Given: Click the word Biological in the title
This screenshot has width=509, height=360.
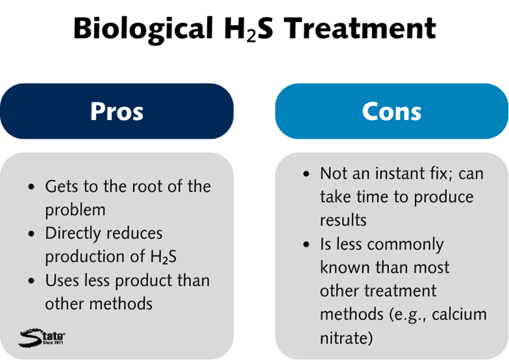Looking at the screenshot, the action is point(143,29).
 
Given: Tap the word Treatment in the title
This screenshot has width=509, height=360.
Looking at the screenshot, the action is point(360,28).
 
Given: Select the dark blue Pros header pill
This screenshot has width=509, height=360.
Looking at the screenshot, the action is point(117,112).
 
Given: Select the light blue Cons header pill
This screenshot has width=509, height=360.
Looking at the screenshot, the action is point(392,112).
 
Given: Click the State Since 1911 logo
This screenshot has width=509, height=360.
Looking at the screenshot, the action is point(42,338).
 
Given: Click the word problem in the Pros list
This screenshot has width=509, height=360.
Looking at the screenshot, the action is point(75,210).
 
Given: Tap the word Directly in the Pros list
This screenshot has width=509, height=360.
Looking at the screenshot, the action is point(73,234).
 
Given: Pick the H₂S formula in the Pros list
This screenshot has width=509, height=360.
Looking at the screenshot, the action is point(164,257).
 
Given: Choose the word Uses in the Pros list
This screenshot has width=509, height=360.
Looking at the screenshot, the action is point(62,280).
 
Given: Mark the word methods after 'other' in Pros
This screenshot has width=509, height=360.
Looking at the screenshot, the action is point(121,304).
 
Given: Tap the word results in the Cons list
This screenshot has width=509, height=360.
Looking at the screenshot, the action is point(343,220).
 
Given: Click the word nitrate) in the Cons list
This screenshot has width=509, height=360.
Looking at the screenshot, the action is point(346,338).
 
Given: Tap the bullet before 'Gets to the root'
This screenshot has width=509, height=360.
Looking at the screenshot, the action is point(31,187).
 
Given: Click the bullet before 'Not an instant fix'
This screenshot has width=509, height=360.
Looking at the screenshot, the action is point(307,173).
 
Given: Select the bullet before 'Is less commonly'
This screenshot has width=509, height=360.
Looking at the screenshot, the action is point(307,245).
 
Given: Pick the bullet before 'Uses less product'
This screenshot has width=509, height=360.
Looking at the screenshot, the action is point(31,281).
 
